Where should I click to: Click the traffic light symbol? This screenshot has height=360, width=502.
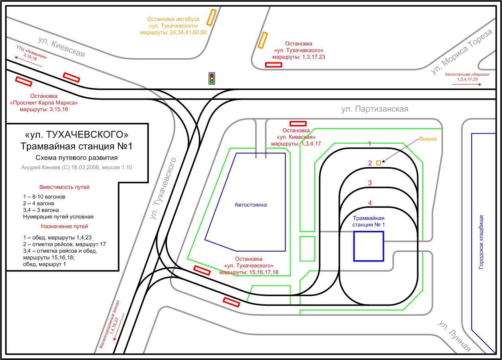212,79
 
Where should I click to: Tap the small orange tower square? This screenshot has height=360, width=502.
378,163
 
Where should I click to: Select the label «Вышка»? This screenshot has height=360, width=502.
428,139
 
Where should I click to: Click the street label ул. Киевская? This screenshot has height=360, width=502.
61,47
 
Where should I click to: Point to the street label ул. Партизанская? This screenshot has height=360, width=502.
375,109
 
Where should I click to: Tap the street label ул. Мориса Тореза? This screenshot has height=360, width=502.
461,52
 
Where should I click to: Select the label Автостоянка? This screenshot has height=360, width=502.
251,205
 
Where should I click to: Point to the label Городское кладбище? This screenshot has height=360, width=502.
481,242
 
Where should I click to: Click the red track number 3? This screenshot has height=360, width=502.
370,183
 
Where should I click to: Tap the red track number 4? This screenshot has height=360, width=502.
370,203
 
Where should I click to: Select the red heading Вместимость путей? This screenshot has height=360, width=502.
64,187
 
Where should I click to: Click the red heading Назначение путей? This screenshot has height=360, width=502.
64,226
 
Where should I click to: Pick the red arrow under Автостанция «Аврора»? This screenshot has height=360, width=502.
467,85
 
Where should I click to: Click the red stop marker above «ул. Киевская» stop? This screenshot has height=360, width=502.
298,124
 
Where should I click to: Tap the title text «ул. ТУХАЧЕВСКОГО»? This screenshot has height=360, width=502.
76,135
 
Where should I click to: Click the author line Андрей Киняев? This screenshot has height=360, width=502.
76,167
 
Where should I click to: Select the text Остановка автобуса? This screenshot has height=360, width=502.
173,19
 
